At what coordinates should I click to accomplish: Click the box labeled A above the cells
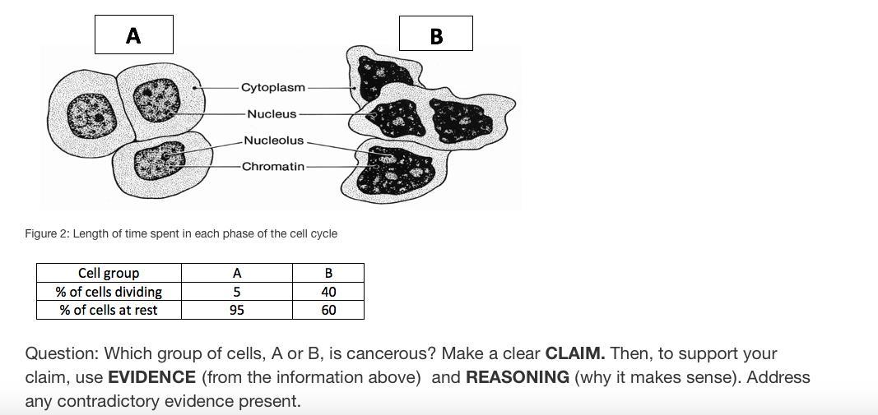coord(133,35)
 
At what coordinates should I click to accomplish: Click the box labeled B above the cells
coord(436,34)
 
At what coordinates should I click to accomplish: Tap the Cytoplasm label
coord(273,87)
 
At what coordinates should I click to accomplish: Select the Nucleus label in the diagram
coord(272,113)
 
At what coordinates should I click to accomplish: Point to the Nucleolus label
coord(273,141)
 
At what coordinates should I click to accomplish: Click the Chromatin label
coord(273,166)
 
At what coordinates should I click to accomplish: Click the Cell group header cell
coord(109,273)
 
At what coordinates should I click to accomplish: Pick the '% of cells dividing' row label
coord(109,292)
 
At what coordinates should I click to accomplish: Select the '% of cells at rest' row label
coord(109,310)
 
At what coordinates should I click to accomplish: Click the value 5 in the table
coord(237,292)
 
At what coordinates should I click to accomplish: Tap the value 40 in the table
coord(328,292)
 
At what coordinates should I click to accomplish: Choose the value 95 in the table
coord(237,310)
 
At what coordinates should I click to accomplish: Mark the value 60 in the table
coord(328,310)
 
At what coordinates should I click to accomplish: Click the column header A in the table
coord(237,273)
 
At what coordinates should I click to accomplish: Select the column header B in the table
coord(328,273)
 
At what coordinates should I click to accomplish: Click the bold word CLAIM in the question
coord(574,353)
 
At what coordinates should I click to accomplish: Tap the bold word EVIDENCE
coord(151,377)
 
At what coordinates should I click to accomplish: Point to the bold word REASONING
coord(517,377)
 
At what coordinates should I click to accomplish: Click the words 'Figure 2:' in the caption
coord(47,233)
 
